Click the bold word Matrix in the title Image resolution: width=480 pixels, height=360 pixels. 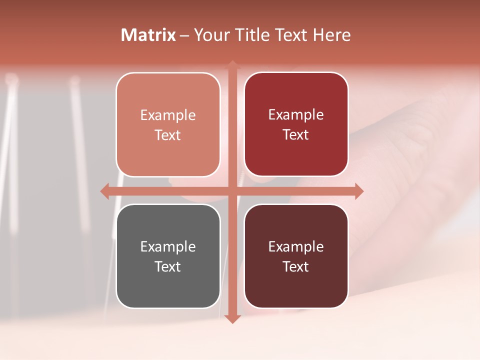coord(148,35)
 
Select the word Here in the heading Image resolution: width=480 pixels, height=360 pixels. coord(331,35)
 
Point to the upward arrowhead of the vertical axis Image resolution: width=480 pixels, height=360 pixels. coord(232,65)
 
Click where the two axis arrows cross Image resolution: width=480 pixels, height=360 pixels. coord(232,191)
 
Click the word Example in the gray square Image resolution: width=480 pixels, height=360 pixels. coord(168,246)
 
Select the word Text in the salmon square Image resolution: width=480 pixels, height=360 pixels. coord(168,135)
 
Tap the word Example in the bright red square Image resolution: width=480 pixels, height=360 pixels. coord(296,114)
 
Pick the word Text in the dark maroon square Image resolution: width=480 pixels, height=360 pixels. coord(296,266)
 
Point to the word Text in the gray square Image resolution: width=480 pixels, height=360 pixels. coord(168,266)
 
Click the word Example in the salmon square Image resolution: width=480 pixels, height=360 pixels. coord(168,115)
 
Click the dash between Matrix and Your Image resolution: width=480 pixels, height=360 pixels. coord(184,36)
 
